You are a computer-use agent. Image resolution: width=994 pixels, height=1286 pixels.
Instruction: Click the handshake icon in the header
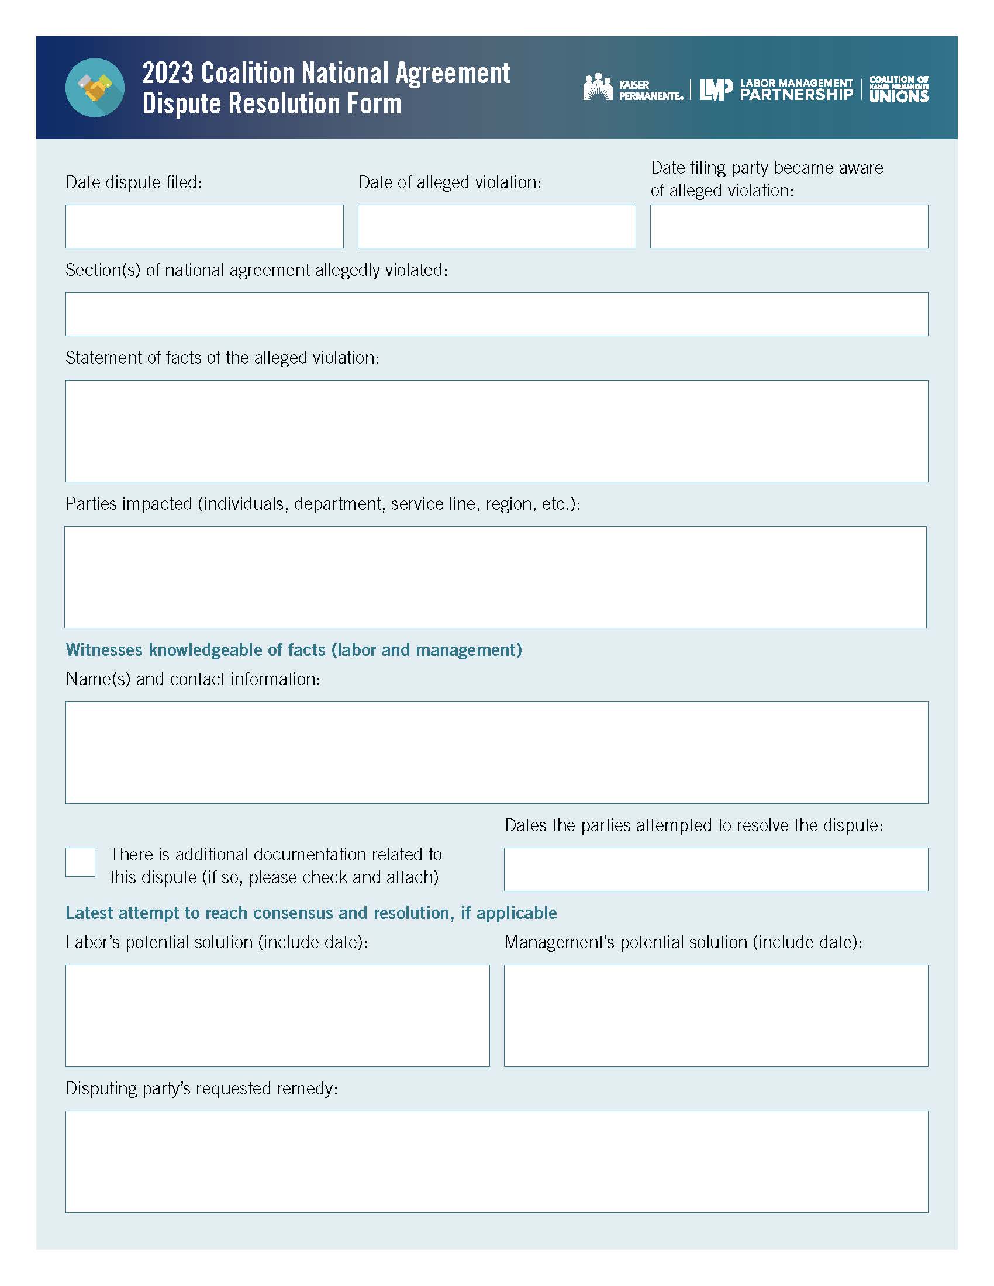(95, 88)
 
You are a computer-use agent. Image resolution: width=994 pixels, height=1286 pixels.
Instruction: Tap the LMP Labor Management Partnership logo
(776, 89)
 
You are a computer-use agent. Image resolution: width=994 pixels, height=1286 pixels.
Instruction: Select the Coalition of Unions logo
(899, 89)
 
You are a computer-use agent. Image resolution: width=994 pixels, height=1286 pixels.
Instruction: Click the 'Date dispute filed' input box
(204, 227)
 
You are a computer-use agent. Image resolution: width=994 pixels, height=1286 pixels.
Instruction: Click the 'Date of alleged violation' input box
(496, 227)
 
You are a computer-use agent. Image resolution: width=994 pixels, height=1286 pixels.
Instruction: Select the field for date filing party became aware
(789, 227)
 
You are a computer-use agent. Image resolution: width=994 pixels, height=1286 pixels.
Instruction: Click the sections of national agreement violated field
(496, 314)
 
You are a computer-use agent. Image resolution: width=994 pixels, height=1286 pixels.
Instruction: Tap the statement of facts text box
(496, 430)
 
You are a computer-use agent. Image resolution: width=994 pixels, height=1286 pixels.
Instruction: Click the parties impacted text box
(495, 577)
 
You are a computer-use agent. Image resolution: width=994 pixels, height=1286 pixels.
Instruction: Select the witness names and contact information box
(496, 752)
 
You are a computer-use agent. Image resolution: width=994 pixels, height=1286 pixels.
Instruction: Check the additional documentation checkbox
(80, 862)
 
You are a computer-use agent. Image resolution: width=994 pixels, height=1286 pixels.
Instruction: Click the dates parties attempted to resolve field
(716, 869)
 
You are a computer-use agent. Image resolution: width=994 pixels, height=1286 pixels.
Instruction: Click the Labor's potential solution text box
(277, 1015)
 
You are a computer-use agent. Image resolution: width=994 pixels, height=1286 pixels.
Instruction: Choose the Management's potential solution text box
(716, 1015)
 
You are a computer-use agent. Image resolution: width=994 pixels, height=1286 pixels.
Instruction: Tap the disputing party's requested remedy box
(496, 1161)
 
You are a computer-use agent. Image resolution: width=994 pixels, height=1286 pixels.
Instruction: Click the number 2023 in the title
(168, 74)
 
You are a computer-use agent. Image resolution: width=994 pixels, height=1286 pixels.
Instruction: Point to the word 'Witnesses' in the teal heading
(104, 649)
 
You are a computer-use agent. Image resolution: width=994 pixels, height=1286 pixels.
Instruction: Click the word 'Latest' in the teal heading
(89, 912)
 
